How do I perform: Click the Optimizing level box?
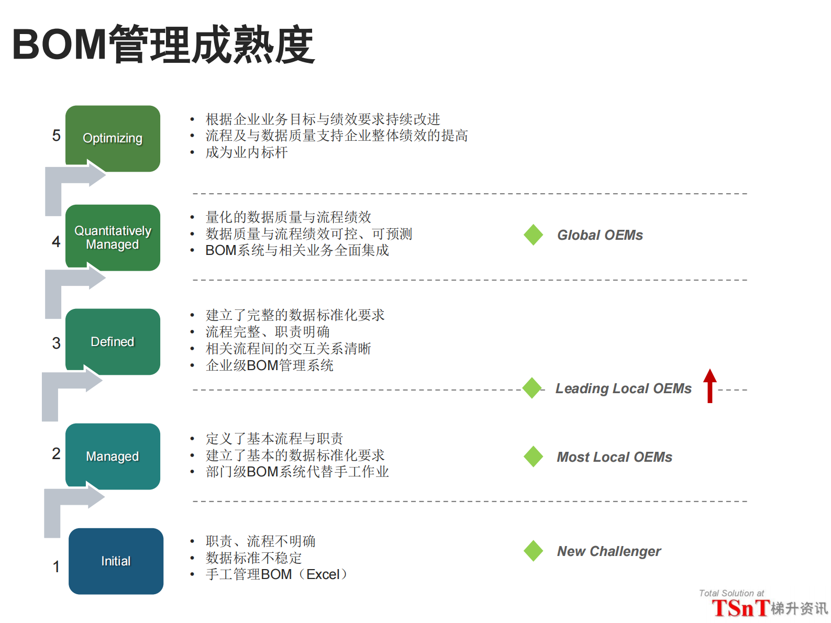click(113, 138)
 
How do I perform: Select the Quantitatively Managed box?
click(113, 238)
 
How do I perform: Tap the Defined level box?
click(113, 342)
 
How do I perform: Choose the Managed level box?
click(113, 457)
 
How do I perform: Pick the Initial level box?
click(116, 561)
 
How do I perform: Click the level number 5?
click(56, 136)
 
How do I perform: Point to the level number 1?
click(56, 566)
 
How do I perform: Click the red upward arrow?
click(710, 386)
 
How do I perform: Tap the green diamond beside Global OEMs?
click(534, 235)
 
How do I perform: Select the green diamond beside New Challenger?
click(534, 551)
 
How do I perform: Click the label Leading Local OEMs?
click(623, 388)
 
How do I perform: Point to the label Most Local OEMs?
click(614, 457)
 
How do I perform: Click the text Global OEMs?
click(600, 235)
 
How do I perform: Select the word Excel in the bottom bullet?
click(323, 574)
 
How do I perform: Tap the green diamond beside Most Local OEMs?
click(534, 457)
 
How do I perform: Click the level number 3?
click(56, 343)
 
